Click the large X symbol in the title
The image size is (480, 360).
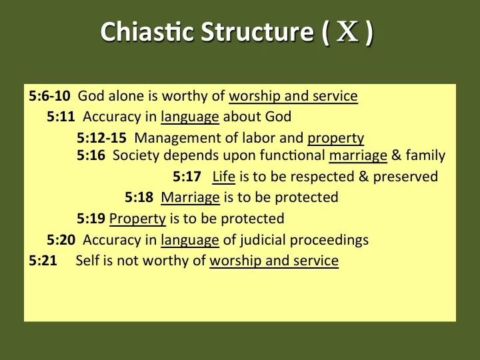[347, 31]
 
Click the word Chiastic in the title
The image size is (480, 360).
[147, 31]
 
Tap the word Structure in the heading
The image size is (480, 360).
[257, 31]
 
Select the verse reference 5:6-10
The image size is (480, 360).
[49, 96]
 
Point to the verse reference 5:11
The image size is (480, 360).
[61, 117]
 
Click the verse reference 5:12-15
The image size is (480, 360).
[101, 138]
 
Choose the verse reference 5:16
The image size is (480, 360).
[91, 155]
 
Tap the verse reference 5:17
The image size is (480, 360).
[187, 177]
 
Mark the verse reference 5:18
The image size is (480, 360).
[139, 197]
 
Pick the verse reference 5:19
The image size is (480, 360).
[91, 219]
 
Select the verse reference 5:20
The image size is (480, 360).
[61, 240]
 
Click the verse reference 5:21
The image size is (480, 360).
[43, 261]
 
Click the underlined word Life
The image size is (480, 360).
[224, 177]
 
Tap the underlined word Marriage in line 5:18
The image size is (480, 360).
[191, 198]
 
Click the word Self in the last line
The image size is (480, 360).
[87, 261]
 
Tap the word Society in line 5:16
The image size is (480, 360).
[136, 156]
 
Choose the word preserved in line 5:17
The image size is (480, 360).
[405, 177]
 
